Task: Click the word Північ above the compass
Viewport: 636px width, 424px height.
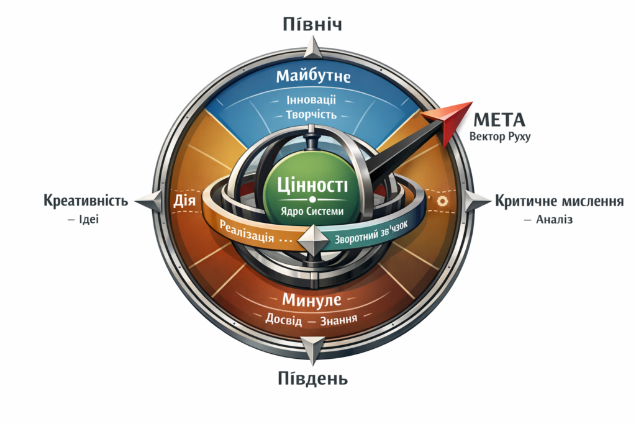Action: pyautogui.click(x=313, y=24)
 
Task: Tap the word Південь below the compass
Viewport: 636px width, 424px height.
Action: pyautogui.click(x=312, y=378)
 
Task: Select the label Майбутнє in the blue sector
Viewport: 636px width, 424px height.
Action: pyautogui.click(x=313, y=76)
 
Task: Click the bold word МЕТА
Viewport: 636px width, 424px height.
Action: pyautogui.click(x=499, y=120)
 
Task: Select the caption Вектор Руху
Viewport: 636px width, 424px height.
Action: pyautogui.click(x=501, y=137)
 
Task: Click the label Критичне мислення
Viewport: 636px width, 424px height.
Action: pyautogui.click(x=558, y=201)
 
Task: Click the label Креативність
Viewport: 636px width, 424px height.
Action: pyautogui.click(x=86, y=201)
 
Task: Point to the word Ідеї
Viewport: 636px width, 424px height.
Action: pyautogui.click(x=89, y=219)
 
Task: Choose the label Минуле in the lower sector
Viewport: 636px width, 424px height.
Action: pyautogui.click(x=312, y=300)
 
